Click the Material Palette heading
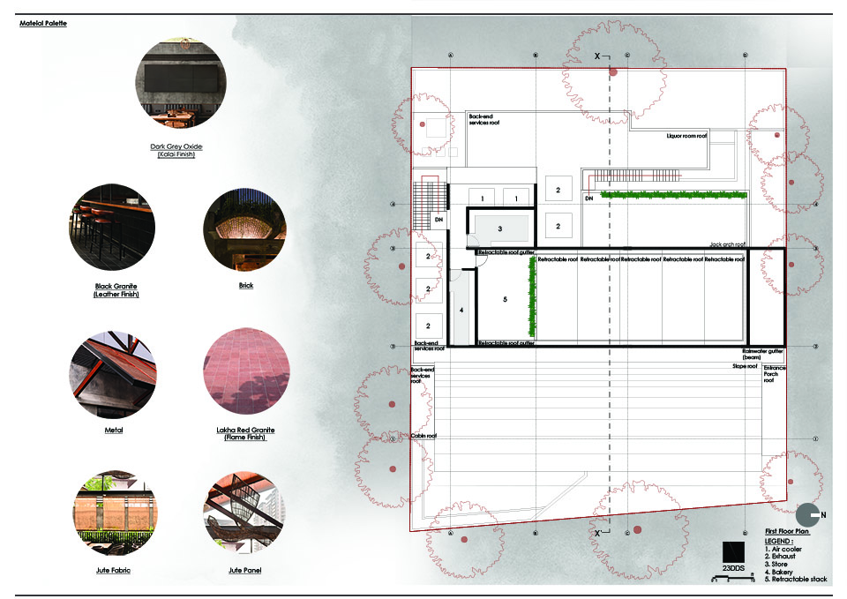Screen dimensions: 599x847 pyautogui.click(x=43, y=24)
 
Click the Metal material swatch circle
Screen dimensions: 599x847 pyautogui.click(x=111, y=373)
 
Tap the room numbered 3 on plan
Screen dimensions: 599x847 pyautogui.click(x=499, y=228)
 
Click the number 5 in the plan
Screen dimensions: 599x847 pyautogui.click(x=505, y=300)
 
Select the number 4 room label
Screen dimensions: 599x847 pyautogui.click(x=460, y=311)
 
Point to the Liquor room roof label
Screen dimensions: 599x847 pyautogui.click(x=686, y=136)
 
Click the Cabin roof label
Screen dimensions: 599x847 pyautogui.click(x=425, y=436)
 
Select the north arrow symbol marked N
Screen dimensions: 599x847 pyautogui.click(x=809, y=515)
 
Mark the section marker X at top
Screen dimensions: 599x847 pyautogui.click(x=597, y=56)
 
